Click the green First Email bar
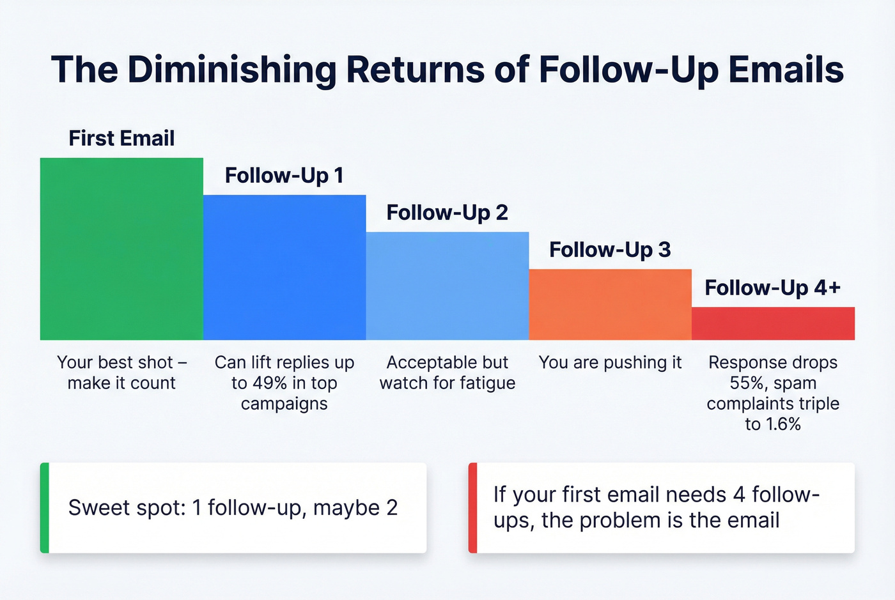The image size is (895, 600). click(x=121, y=249)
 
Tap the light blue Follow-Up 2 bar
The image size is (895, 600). click(x=447, y=286)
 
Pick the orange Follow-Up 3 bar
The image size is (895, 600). click(x=610, y=304)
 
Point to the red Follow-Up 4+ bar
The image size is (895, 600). click(x=773, y=323)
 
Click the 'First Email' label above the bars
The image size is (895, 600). click(x=121, y=138)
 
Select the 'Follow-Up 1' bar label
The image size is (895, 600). click(x=284, y=175)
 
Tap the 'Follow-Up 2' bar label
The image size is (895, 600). click(x=447, y=212)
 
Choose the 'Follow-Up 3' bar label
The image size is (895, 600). click(x=610, y=249)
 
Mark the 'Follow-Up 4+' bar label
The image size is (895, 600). click(x=772, y=288)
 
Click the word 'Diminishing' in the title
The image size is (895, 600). click(x=231, y=70)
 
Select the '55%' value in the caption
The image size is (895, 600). click(x=746, y=383)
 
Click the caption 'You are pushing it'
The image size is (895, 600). click(x=610, y=362)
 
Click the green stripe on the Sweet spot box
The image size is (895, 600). click(x=44, y=507)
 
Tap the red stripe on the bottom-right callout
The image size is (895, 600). click(x=472, y=507)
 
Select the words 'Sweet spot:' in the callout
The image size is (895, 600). click(x=127, y=507)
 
